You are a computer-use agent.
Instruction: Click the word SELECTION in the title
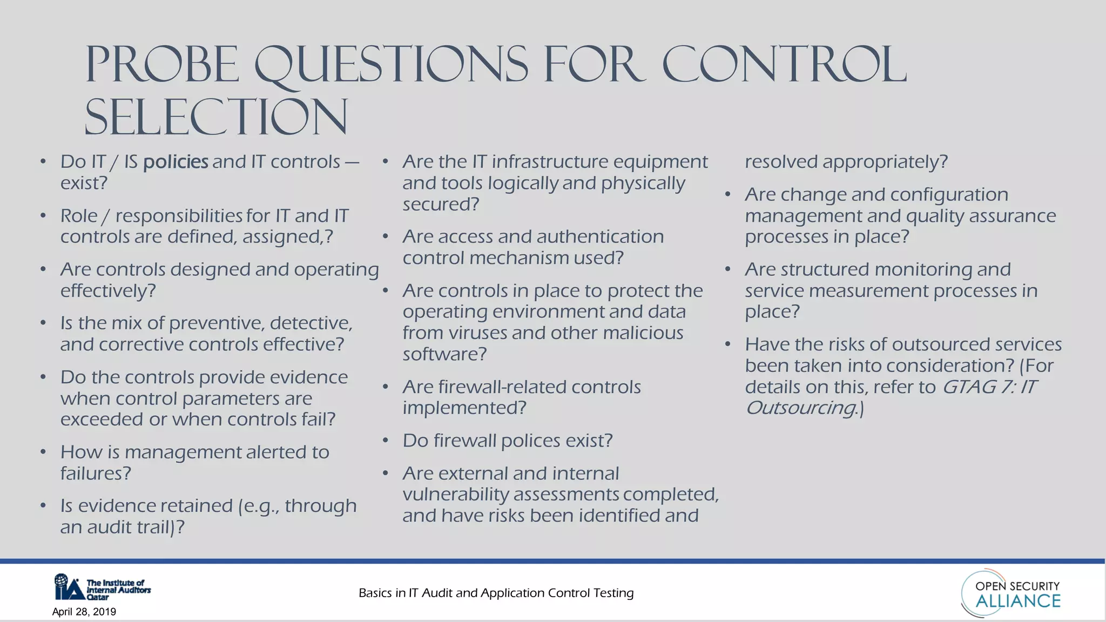pyautogui.click(x=216, y=117)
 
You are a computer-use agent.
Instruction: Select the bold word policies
pyautogui.click(x=176, y=162)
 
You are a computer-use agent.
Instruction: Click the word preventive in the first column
pyautogui.click(x=216, y=323)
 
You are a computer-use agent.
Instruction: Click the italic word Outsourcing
pyautogui.click(x=801, y=408)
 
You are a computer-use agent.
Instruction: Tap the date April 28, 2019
pyautogui.click(x=84, y=612)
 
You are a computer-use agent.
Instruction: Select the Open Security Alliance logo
pyautogui.click(x=1011, y=593)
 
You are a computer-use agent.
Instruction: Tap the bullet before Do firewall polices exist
pyautogui.click(x=386, y=441)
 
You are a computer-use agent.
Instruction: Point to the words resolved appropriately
pyautogui.click(x=846, y=162)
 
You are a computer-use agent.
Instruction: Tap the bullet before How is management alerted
pyautogui.click(x=43, y=452)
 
